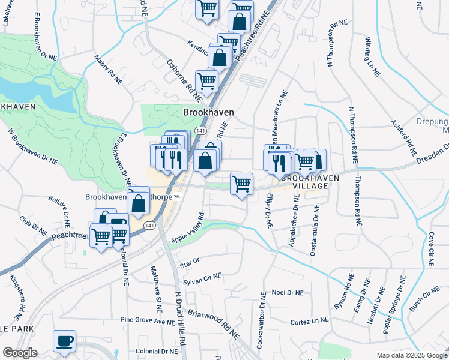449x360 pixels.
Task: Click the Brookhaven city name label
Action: [208, 112]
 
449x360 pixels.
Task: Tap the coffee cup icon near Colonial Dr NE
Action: [64, 341]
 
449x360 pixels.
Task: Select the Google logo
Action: [20, 353]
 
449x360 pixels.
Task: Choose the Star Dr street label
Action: [188, 262]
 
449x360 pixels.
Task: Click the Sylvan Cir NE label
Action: [202, 278]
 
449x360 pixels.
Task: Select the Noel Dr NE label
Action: [288, 292]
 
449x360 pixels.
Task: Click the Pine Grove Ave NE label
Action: [147, 320]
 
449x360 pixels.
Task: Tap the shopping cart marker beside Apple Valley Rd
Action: [241, 184]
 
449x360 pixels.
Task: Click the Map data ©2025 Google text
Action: [412, 355]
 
